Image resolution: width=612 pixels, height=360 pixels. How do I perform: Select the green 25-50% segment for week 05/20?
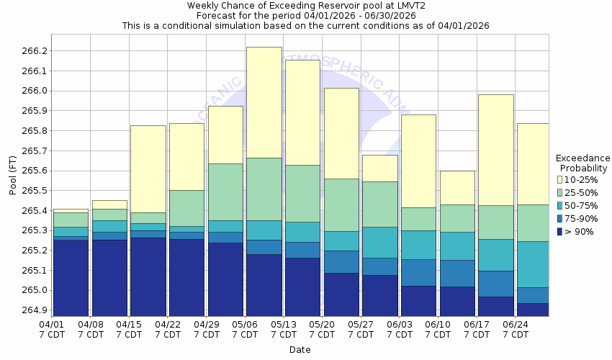tap(341, 204)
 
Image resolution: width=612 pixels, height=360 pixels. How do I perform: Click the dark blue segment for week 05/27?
tap(379, 296)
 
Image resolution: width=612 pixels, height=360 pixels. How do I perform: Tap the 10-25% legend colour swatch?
tap(560, 179)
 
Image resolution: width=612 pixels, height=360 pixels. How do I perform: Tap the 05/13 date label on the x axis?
tap(284, 325)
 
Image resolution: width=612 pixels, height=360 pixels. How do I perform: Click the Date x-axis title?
tap(300, 350)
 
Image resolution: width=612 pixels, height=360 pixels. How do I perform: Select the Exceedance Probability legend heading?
tap(582, 163)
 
